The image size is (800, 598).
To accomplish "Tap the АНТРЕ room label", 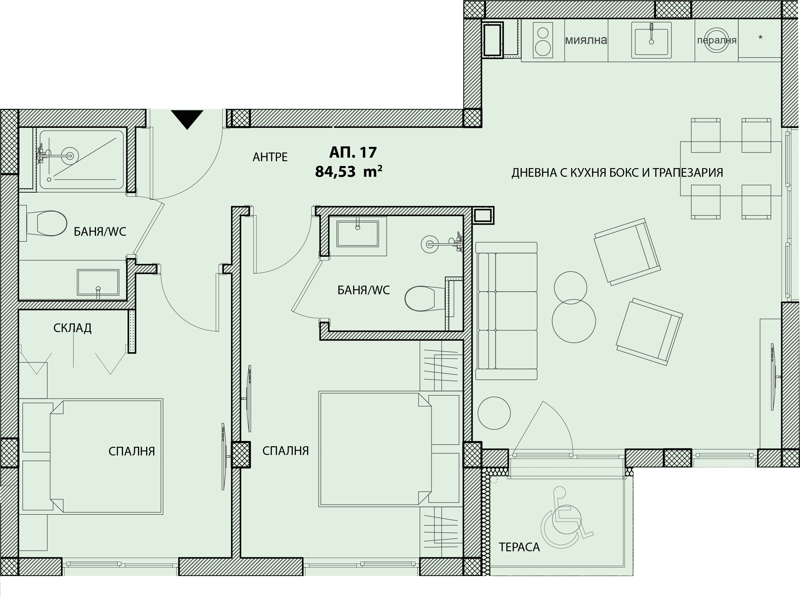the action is coord(270,157).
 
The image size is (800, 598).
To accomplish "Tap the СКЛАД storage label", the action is coord(72,328).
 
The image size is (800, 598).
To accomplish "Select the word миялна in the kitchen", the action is coord(586,40).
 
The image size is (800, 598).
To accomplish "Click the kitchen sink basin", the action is coord(651,40).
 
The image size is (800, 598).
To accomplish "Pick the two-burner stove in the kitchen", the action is coord(543,40).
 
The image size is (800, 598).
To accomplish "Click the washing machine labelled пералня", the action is coord(717,40).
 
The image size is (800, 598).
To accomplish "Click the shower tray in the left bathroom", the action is coord(82,160).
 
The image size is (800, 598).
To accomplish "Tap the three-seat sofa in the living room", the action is coord(506,311).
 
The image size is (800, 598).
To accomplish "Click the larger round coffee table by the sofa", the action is coord(574,321).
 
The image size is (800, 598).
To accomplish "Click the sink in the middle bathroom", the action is coord(358,234).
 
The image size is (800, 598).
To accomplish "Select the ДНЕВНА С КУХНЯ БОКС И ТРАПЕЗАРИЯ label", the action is coord(617,173).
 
